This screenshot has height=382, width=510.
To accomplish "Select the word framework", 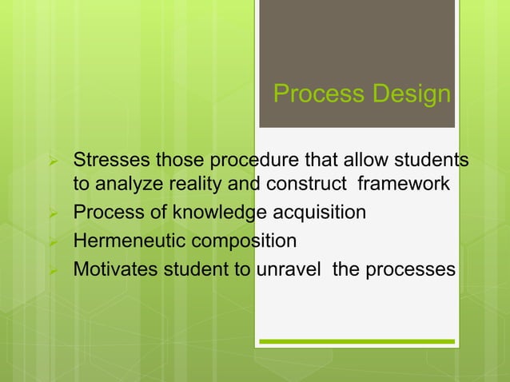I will coord(403,185).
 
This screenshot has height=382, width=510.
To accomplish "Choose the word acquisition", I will coord(323,213).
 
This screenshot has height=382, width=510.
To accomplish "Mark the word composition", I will coord(240,241).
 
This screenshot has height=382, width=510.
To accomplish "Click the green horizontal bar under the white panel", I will coord(357,341).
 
